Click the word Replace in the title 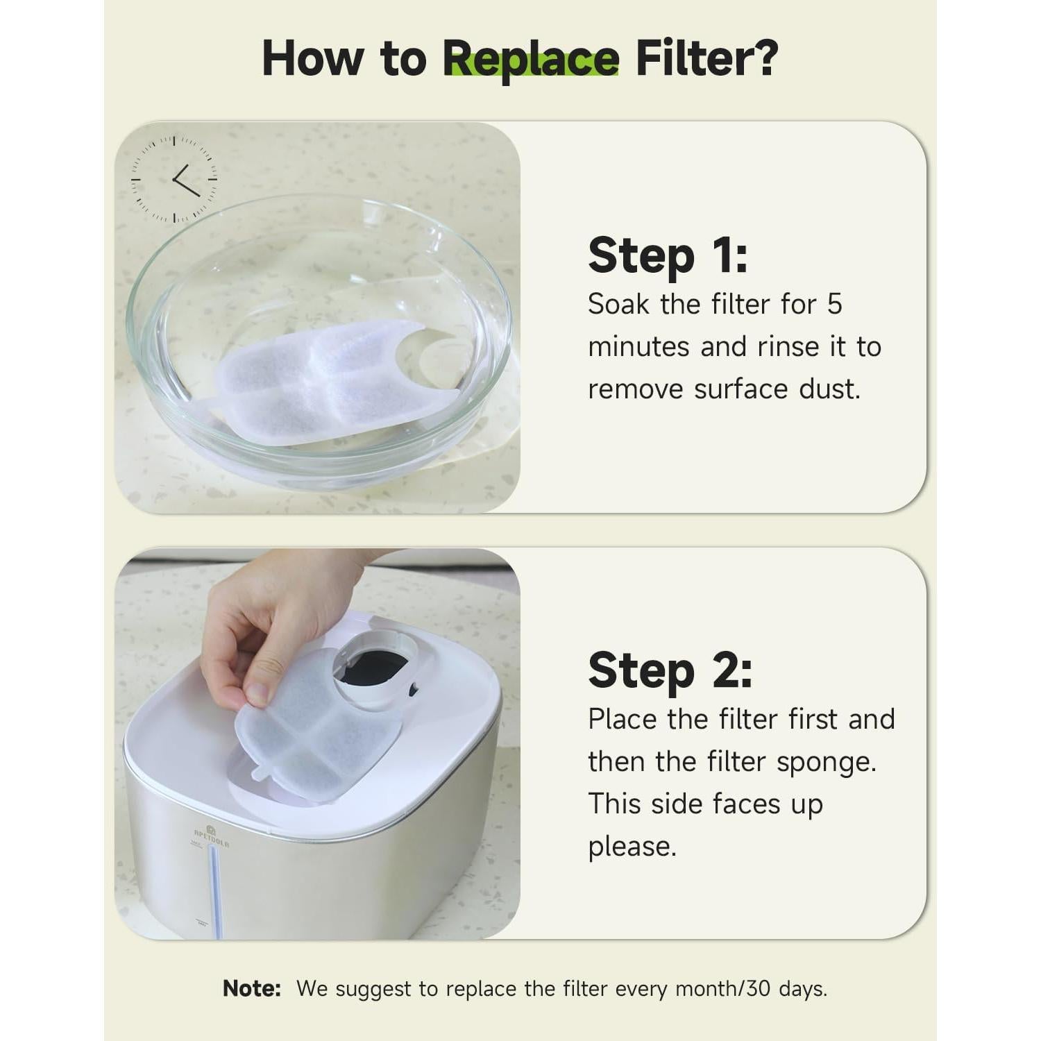point(531,59)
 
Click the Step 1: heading point(668,255)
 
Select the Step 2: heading point(670,670)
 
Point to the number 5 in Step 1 point(833,304)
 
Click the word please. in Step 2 point(632,847)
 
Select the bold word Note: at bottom point(251,988)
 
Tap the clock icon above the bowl point(174,179)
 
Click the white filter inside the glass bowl point(326,382)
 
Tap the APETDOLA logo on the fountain point(212,836)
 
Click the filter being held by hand point(316,736)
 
